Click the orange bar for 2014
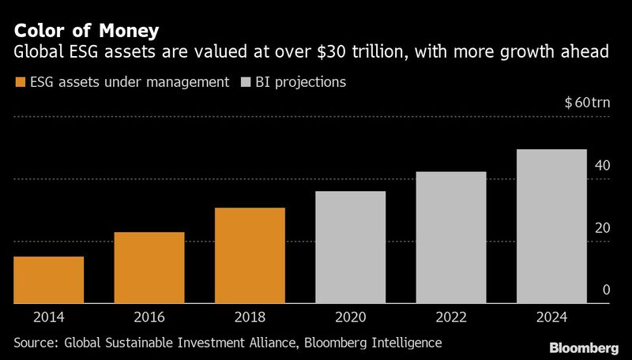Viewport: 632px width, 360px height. click(49, 279)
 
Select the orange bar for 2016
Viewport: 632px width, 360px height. click(149, 268)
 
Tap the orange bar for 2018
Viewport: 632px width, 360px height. click(250, 255)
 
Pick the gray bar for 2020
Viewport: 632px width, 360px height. click(350, 247)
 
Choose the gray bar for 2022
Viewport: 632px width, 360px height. click(451, 237)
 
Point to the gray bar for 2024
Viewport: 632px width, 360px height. click(551, 226)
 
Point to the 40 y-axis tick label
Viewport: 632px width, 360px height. click(603, 166)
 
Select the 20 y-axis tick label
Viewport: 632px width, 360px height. click(603, 228)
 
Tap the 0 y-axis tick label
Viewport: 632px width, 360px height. click(607, 290)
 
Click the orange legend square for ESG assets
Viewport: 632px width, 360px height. click(19, 82)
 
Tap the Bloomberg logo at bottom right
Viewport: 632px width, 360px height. click(583, 347)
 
